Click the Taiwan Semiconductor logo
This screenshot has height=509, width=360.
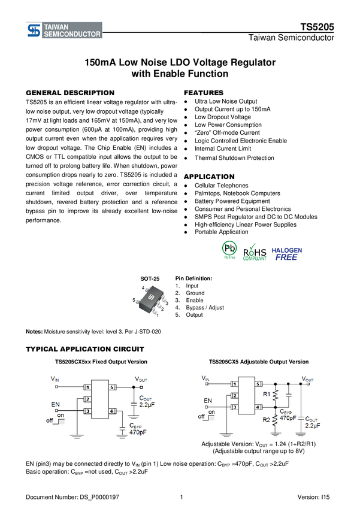(63, 31)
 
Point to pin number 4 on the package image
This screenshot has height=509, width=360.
(143, 289)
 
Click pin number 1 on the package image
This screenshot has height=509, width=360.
(158, 315)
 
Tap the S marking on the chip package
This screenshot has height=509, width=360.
(151, 298)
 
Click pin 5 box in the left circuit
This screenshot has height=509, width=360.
(112, 387)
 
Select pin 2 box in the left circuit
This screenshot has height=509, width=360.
(87, 399)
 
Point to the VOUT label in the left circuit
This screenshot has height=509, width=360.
(141, 380)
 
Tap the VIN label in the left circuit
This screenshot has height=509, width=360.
(55, 379)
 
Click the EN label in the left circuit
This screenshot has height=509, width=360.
(56, 405)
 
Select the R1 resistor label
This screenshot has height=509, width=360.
(267, 394)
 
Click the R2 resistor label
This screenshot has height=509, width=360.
(267, 420)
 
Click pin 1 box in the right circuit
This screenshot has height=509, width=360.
(234, 384)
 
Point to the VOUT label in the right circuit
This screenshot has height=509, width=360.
(307, 379)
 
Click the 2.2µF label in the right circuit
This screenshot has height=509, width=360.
(312, 425)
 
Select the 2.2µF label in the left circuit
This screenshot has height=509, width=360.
(147, 405)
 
